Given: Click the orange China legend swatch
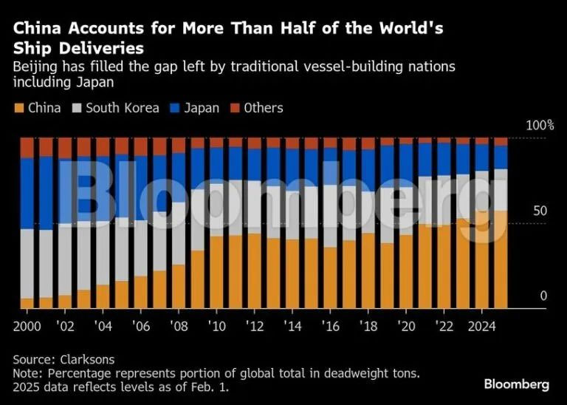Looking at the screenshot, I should [18, 108].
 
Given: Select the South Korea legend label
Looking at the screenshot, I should [122, 108].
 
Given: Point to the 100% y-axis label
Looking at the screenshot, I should [539, 126].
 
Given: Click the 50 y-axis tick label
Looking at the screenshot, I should [540, 211].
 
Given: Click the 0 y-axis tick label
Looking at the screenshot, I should [543, 296].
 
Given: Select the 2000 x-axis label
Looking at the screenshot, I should [27, 325].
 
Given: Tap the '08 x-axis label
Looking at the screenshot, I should [178, 325].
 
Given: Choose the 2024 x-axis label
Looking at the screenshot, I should [481, 325].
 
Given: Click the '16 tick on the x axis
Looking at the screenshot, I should [329, 325].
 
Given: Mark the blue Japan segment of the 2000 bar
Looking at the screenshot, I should [27, 192].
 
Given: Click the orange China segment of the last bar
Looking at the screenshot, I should [501, 259].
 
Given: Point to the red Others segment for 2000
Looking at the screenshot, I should [27, 147].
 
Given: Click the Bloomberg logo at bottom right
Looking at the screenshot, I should [516, 385].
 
